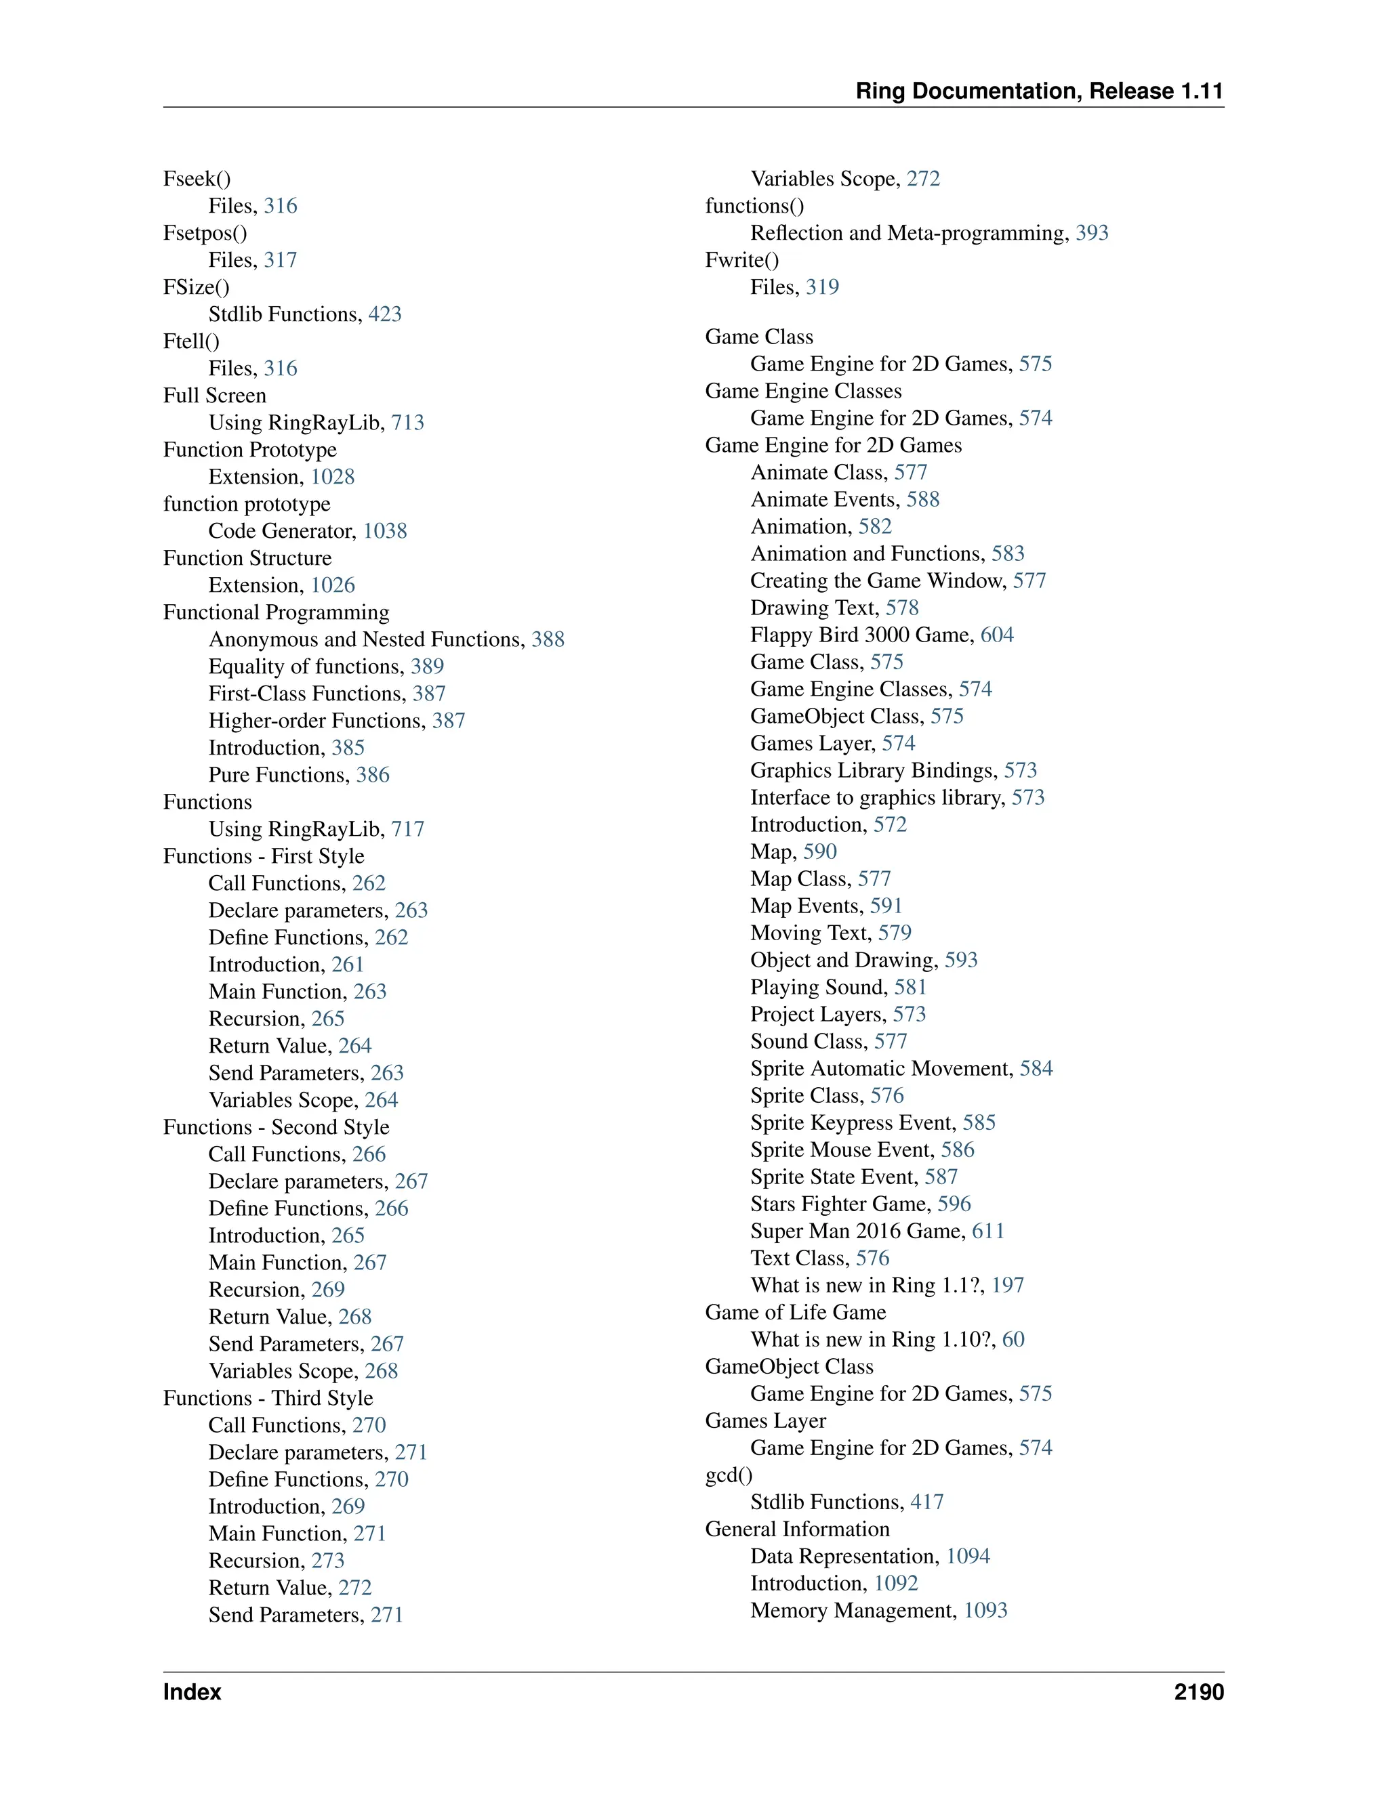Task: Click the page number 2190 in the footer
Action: click(1198, 1691)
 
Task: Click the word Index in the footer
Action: click(192, 1691)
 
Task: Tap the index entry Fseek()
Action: click(197, 178)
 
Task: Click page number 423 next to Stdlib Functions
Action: click(385, 314)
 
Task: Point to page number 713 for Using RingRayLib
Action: click(407, 423)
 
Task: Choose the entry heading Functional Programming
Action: click(277, 612)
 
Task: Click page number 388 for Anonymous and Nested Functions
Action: click(548, 639)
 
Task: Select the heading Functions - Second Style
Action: click(277, 1127)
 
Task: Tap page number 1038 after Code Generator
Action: click(385, 531)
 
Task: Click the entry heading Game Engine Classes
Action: click(802, 392)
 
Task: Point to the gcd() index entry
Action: click(729, 1475)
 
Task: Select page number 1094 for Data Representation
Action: click(968, 1556)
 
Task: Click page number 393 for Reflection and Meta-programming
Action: click(1092, 232)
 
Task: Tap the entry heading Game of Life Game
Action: click(795, 1312)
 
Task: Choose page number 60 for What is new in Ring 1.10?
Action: click(1013, 1339)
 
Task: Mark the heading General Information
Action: click(797, 1529)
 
